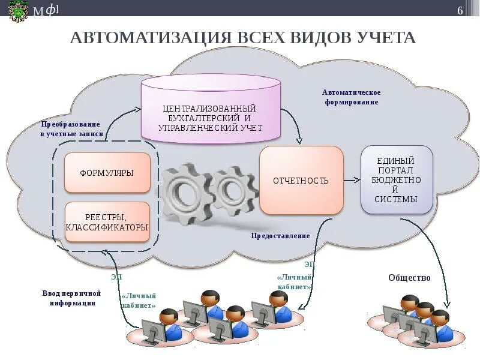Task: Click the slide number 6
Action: [460, 11]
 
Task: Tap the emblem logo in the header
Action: [18, 11]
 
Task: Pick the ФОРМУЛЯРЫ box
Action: [107, 173]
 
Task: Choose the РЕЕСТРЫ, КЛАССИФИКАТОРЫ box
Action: [107, 222]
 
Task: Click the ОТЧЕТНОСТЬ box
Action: [301, 180]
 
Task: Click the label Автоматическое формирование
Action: [352, 97]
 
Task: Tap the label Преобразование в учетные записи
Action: [72, 129]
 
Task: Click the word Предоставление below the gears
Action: [281, 236]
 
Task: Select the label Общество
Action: [409, 277]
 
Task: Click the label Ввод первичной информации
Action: [71, 298]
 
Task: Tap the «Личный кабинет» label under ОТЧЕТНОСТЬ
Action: [294, 283]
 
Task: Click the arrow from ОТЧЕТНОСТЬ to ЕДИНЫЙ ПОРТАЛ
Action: [352, 179]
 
